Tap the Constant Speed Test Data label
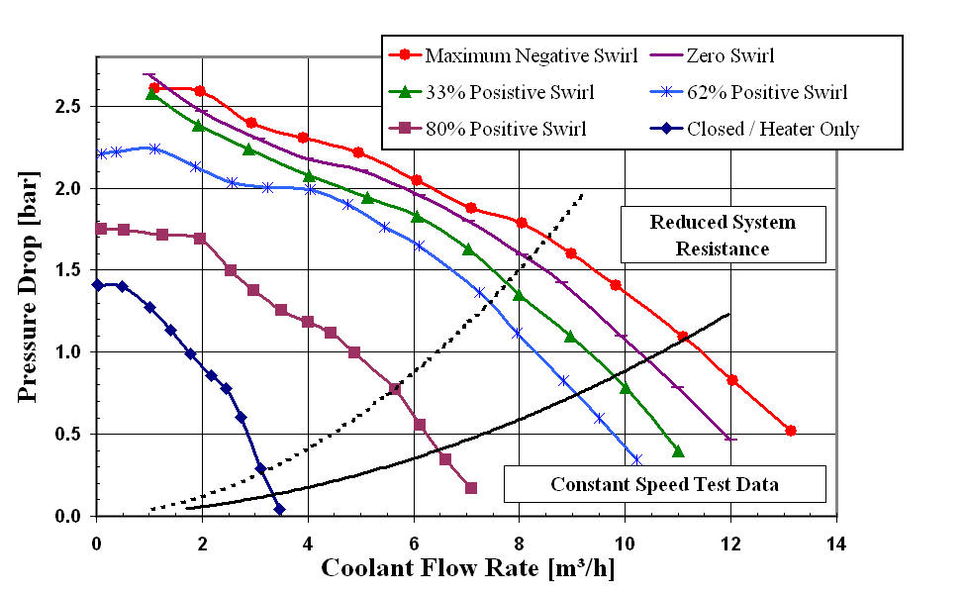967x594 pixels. pos(663,485)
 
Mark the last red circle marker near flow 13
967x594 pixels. pos(791,431)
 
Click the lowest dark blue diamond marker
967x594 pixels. pos(279,509)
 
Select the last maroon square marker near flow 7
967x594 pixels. pos(471,488)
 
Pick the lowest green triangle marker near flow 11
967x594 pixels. pos(678,451)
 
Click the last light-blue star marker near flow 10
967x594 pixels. pos(636,459)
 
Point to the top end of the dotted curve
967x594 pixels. pos(583,194)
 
